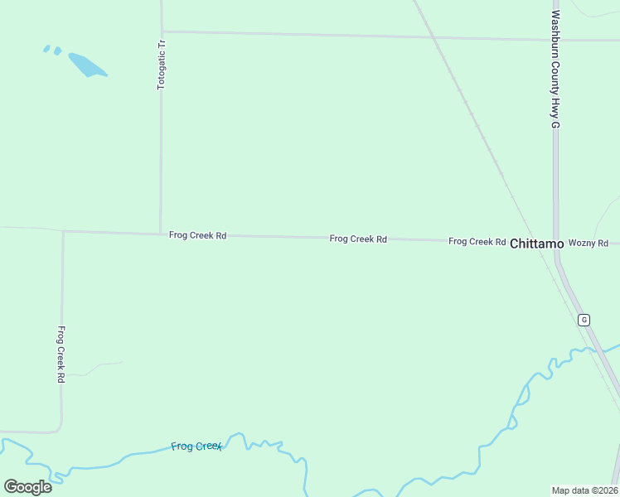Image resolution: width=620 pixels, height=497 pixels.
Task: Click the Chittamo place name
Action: (x=536, y=244)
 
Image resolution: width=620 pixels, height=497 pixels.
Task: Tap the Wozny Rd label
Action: (x=589, y=243)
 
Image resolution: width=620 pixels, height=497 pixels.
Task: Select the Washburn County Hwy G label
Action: (x=556, y=69)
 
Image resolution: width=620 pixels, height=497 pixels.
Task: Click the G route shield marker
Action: (x=584, y=320)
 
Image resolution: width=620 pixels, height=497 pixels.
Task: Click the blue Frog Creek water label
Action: (x=196, y=446)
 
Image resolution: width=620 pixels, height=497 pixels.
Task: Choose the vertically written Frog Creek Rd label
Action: (x=61, y=354)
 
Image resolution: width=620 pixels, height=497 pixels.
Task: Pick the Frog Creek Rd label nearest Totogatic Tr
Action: (x=197, y=235)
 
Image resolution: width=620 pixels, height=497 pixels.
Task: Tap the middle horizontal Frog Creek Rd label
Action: (x=358, y=239)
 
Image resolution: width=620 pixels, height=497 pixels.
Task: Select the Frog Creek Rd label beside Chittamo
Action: (x=477, y=241)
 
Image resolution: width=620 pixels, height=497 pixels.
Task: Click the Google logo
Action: (x=27, y=486)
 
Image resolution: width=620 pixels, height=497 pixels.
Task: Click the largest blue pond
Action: (x=86, y=65)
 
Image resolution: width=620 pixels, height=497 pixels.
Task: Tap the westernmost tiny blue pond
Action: (x=46, y=49)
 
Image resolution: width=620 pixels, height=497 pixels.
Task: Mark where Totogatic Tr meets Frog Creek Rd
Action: (x=160, y=234)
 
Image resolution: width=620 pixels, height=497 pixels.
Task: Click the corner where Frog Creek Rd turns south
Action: (x=63, y=232)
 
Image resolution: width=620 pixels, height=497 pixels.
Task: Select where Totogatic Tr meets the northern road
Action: (x=162, y=31)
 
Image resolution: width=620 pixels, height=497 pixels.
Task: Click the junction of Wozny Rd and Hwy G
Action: (x=556, y=244)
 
